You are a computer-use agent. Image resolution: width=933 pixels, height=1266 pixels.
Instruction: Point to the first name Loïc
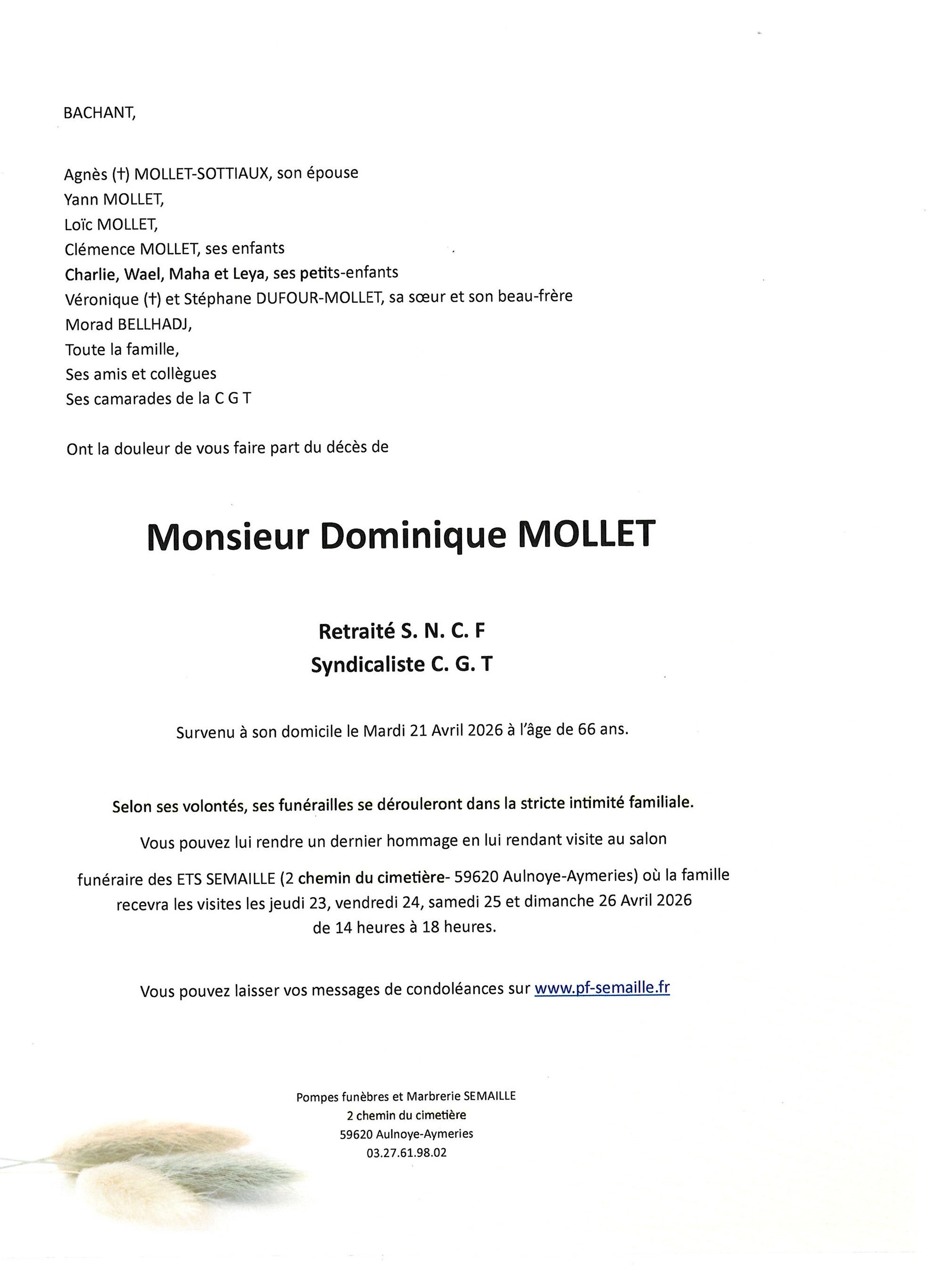point(78,224)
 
